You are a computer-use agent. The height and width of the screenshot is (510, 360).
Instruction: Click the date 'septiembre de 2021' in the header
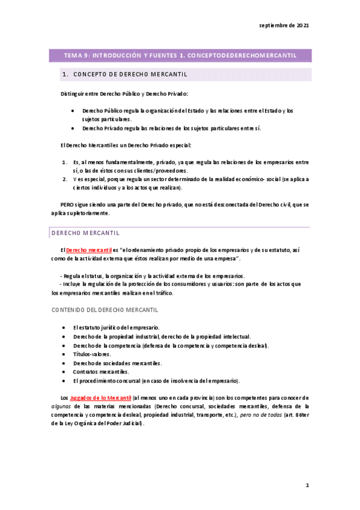click(x=284, y=26)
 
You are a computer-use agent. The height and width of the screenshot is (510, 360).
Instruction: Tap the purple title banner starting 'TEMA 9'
click(x=180, y=55)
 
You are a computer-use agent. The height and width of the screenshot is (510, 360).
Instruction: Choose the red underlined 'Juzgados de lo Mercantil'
click(x=100, y=398)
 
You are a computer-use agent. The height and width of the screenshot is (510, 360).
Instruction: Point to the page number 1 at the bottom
click(x=307, y=485)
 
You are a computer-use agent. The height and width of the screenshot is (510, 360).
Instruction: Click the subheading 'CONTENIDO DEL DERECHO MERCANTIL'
click(x=105, y=310)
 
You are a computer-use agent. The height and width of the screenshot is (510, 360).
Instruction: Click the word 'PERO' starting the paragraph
click(x=67, y=204)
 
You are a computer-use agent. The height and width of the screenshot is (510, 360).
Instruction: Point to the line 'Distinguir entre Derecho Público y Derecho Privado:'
click(x=124, y=94)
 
